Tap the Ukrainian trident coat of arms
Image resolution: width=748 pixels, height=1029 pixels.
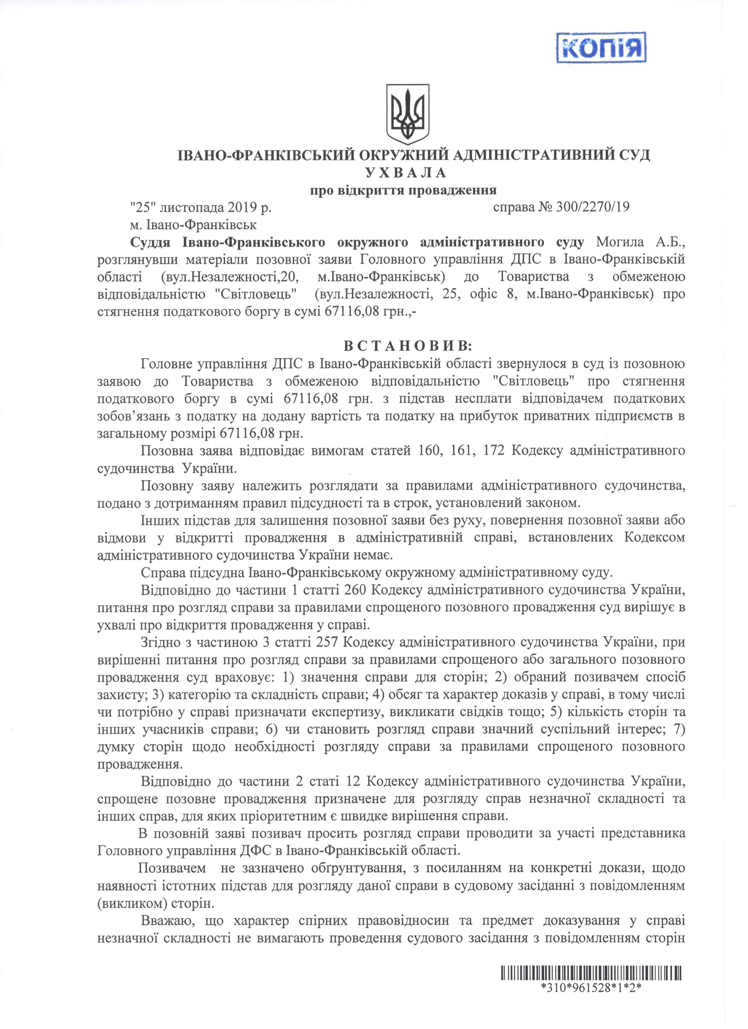coord(408,114)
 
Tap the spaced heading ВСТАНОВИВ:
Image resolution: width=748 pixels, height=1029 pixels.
coord(407,346)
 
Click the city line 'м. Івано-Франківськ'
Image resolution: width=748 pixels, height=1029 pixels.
coord(193,224)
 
